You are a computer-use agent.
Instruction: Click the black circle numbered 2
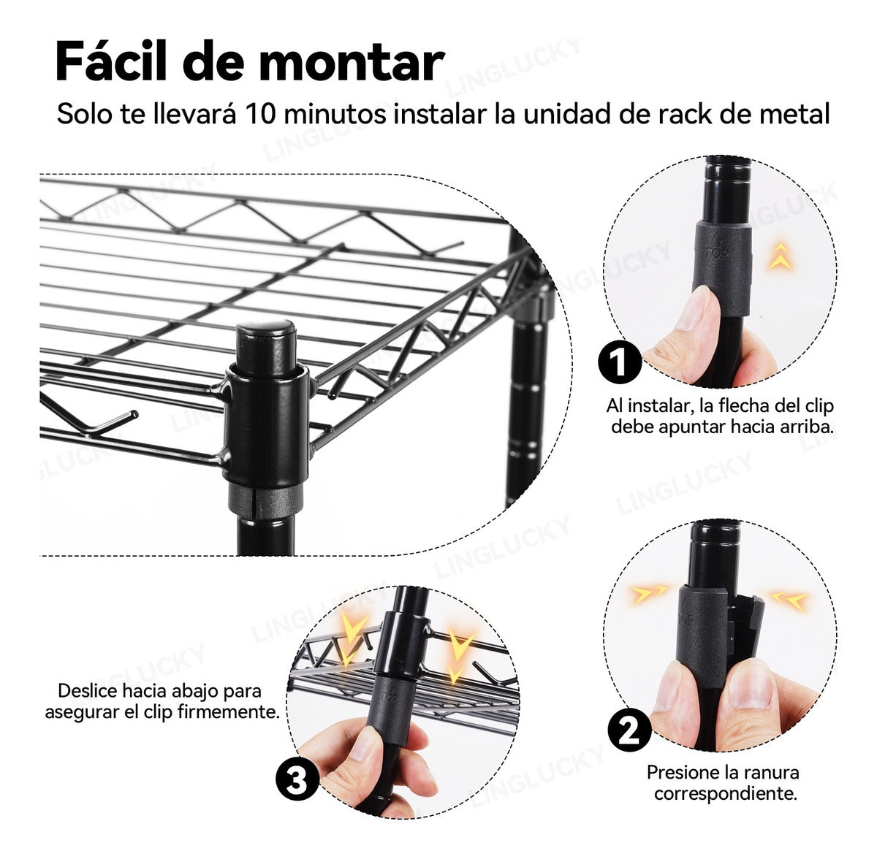[629, 730]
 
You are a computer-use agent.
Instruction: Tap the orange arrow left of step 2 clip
[649, 593]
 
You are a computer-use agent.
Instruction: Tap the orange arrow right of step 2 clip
[790, 600]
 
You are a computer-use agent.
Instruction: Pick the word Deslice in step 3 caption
[88, 691]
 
